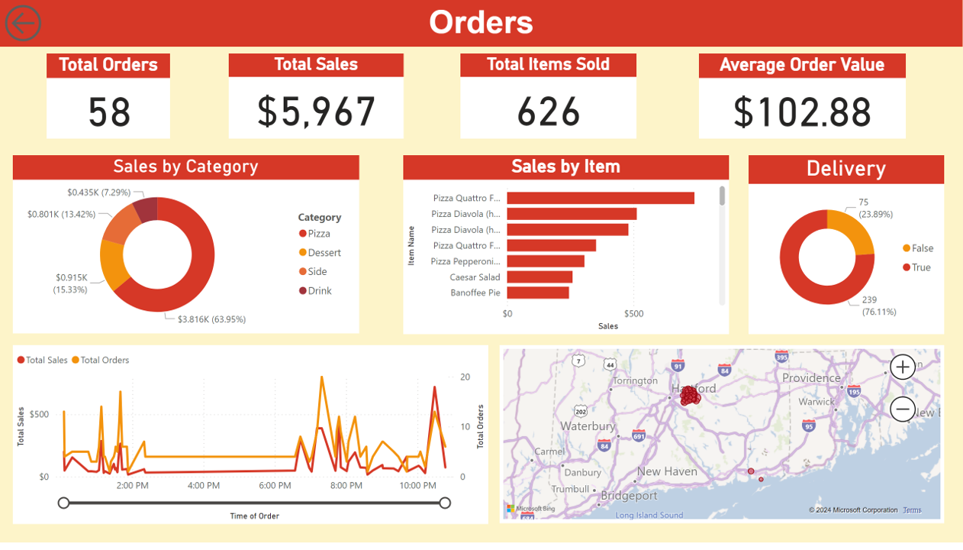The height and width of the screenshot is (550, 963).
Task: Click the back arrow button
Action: click(x=23, y=23)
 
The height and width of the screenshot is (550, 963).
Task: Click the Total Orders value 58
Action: click(x=109, y=112)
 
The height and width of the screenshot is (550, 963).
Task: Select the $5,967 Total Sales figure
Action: click(x=316, y=112)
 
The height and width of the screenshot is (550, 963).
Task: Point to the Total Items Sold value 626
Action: click(x=548, y=112)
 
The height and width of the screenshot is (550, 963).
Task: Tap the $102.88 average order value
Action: click(x=802, y=112)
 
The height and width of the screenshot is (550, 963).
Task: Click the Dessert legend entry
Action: click(x=324, y=253)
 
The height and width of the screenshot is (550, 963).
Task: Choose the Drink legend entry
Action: click(x=320, y=291)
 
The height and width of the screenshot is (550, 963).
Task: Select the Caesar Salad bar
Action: click(x=539, y=277)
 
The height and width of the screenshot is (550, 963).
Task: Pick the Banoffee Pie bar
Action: click(x=538, y=293)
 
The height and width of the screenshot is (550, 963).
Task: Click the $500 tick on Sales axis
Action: click(x=634, y=314)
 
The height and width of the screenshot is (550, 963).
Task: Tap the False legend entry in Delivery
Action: click(x=922, y=248)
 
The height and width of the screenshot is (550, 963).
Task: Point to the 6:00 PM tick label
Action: click(x=275, y=486)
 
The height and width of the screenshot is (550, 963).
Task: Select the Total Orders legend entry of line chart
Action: click(x=105, y=360)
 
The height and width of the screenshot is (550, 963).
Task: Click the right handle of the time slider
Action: click(x=445, y=503)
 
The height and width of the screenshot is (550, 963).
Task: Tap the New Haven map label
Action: click(x=667, y=471)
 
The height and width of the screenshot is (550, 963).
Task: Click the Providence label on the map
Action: click(x=810, y=378)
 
